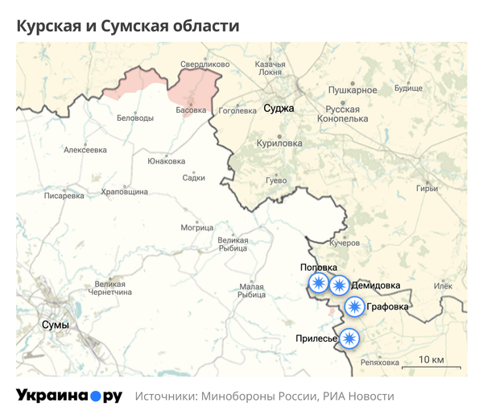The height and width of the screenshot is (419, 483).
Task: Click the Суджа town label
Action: tap(279, 107)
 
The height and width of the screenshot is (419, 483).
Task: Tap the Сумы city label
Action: tap(55, 325)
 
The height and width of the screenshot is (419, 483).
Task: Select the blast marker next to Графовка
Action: tap(354, 307)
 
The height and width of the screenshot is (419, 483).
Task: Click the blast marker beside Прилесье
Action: tap(349, 338)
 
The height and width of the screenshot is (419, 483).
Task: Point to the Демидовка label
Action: tap(376, 285)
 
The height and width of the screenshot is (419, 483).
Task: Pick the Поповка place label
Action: tap(318, 268)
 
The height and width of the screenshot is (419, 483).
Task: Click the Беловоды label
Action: tap(134, 118)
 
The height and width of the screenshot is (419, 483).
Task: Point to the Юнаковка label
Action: tap(166, 160)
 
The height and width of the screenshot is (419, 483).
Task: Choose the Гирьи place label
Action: tap(427, 188)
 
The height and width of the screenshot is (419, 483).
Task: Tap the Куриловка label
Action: tap(279, 143)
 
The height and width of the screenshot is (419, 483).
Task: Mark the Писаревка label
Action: tap(64, 195)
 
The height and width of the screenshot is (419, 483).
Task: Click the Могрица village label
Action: tap(196, 228)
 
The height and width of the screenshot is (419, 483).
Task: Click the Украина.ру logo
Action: tap(69, 396)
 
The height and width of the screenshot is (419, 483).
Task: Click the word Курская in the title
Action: tap(49, 26)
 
